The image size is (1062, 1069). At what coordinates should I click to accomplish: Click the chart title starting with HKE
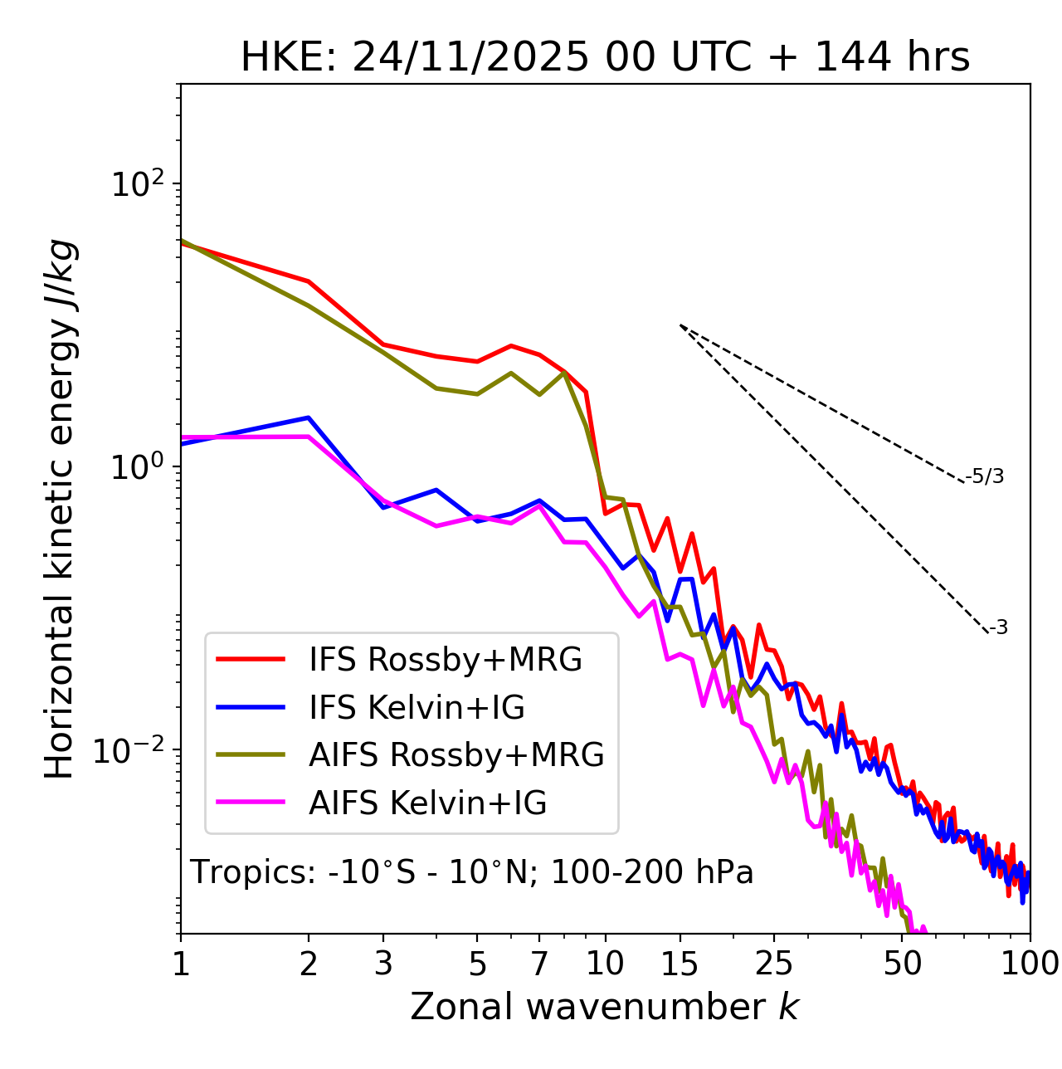point(605,58)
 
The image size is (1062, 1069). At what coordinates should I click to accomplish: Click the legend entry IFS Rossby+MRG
point(445,660)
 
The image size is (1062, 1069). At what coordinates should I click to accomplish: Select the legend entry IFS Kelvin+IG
point(417,708)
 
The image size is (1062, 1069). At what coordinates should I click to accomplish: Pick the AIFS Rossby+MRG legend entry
point(456,755)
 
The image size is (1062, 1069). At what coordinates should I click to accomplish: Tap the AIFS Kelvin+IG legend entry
point(427,803)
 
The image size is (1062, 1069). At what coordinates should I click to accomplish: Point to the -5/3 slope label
point(985,476)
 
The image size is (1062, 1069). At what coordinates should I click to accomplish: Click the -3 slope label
point(998,628)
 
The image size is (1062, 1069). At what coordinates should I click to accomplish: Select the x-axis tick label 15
point(680,964)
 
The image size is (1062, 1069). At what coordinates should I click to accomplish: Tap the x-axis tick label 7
point(539,964)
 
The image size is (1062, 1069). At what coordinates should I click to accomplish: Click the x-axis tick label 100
point(1029,964)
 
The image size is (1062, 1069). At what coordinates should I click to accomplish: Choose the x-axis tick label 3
point(383,964)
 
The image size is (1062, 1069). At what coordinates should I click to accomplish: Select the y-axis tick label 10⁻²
point(133,750)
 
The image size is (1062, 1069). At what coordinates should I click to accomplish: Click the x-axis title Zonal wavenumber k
point(604,1007)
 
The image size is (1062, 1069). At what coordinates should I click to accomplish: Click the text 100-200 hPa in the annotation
point(652,872)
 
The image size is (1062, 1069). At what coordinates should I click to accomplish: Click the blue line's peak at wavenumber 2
point(309,417)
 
